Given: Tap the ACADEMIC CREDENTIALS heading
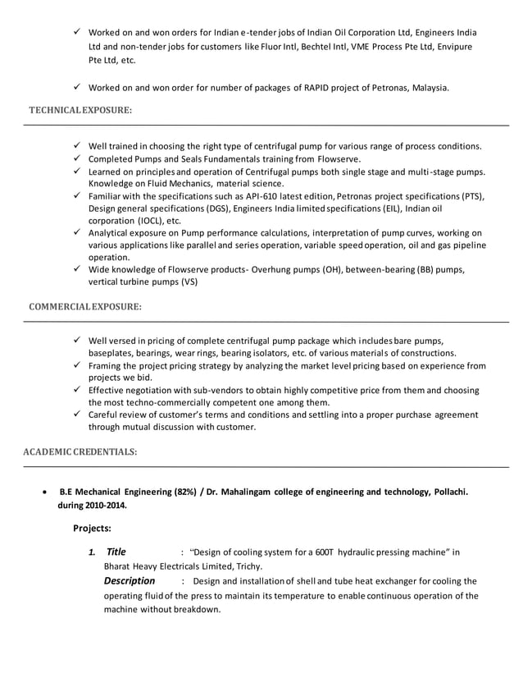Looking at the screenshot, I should [x=80, y=451].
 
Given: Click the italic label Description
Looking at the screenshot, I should [x=129, y=581].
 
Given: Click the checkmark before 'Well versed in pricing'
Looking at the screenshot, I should [x=76, y=341].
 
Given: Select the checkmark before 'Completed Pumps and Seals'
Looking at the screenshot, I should [x=76, y=158].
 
